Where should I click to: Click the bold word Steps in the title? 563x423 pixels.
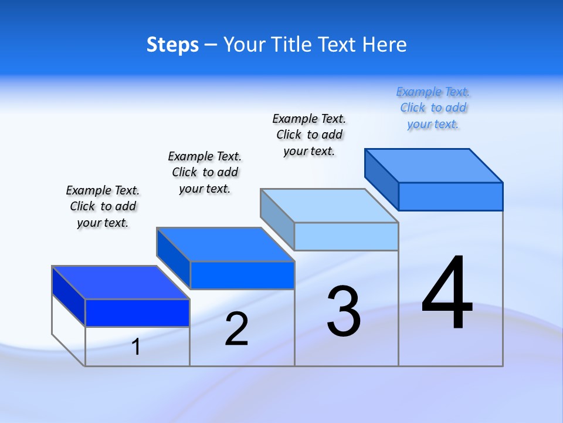172,45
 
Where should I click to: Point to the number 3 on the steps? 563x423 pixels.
344,311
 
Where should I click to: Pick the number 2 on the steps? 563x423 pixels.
236,329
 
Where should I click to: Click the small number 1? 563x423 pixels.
136,347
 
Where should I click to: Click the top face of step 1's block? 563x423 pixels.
120,283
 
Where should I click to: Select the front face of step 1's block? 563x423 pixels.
137,313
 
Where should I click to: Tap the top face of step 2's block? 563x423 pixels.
225,244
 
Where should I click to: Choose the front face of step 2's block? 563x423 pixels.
242,275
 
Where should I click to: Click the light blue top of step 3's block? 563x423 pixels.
329,206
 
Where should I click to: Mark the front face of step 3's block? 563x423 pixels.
346,237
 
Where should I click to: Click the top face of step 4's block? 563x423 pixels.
433,166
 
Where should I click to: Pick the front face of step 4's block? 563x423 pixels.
450,196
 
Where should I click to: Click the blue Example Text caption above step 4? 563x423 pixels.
433,108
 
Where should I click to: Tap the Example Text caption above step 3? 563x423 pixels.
310,135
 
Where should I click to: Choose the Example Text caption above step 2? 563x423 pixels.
205,172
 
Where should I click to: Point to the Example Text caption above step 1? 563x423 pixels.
103,206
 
